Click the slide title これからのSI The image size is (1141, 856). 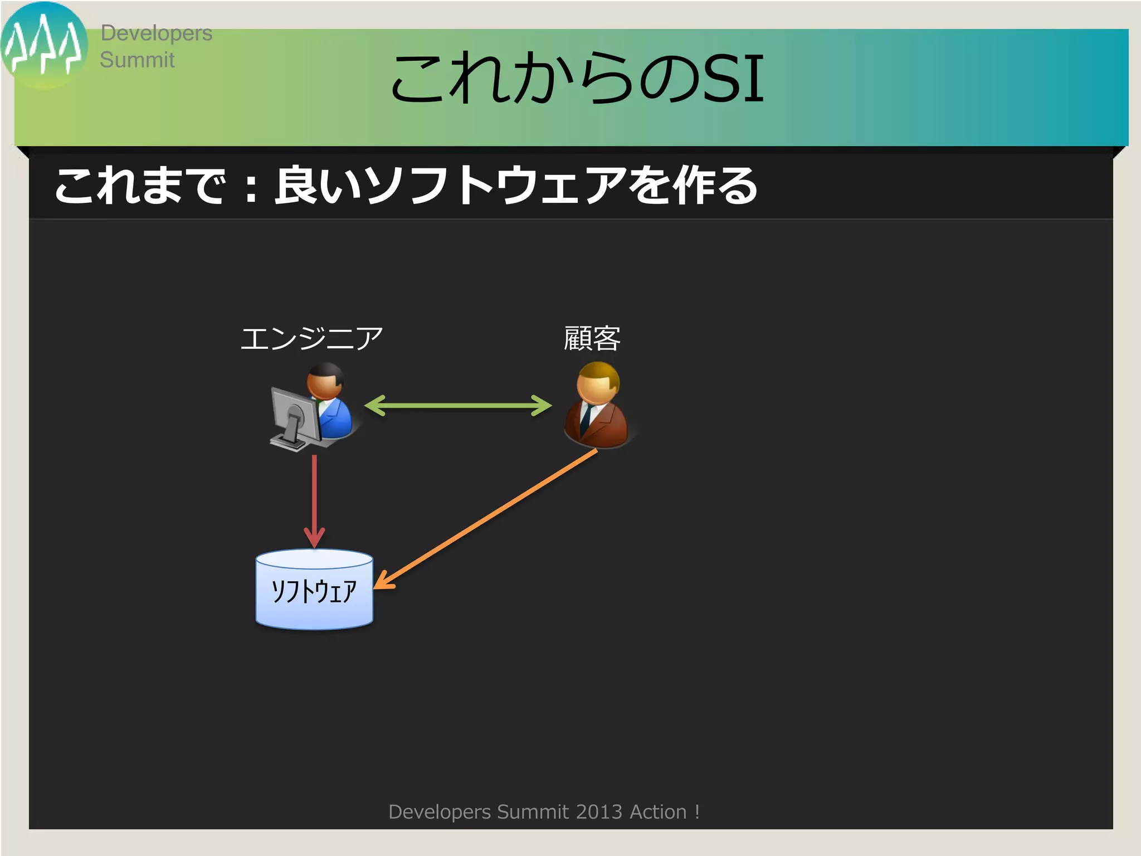pos(577,79)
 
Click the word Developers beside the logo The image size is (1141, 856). pos(156,33)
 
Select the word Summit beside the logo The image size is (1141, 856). pos(137,60)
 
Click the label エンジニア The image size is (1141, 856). pos(311,338)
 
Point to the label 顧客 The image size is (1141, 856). pos(592,338)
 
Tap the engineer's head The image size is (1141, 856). pos(325,381)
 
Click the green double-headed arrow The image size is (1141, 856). pos(458,406)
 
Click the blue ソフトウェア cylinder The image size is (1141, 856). pos(314,590)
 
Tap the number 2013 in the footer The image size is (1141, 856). pos(599,812)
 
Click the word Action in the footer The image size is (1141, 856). pos(658,812)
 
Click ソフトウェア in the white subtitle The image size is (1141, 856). pos(496,186)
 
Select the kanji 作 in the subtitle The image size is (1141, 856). pos(693,186)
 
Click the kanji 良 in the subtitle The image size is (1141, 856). pos(295,186)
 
